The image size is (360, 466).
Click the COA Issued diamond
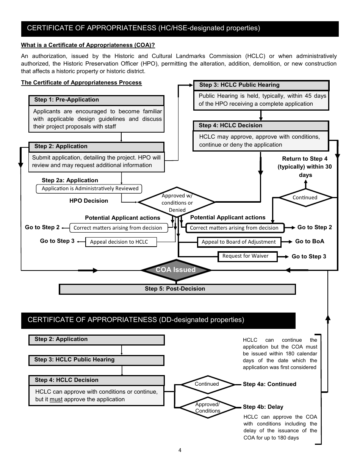176,270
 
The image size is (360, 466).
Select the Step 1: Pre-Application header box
97,100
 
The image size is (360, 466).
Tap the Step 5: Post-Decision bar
177,289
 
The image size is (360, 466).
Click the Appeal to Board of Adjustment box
239,242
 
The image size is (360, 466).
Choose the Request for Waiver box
247,256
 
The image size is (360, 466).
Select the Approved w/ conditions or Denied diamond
177,202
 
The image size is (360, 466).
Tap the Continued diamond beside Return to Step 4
305,197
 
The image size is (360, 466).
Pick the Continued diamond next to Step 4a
207,384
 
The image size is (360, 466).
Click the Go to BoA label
310,241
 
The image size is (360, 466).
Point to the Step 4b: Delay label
263,407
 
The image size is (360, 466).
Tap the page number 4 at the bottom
180,450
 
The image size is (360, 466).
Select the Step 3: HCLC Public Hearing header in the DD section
97,360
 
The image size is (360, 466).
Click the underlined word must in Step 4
56,399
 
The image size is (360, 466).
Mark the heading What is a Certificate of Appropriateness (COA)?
88,45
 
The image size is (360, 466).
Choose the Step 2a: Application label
70,180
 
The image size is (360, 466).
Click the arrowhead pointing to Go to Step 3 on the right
286,257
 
